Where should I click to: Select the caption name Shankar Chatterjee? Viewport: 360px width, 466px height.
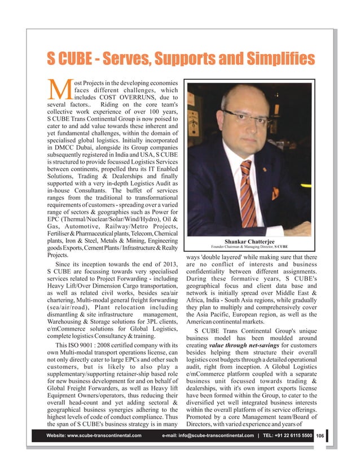[249, 241]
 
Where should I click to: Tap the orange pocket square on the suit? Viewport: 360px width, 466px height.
[275, 194]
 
